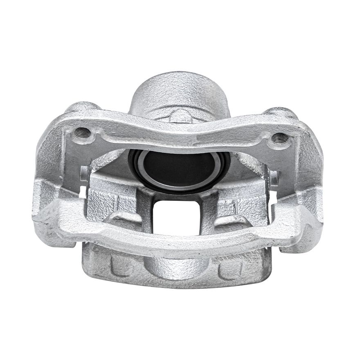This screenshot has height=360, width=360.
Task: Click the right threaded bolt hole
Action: (278, 137)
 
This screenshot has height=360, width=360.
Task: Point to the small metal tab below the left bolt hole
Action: (84, 172)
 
